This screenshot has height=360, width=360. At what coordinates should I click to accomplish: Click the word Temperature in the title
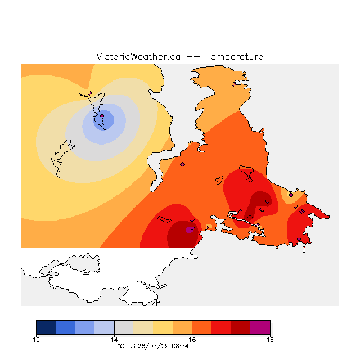click(x=234, y=57)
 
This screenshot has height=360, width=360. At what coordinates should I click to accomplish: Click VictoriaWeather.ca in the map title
click(x=138, y=57)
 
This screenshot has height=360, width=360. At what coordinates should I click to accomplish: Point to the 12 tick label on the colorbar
click(x=36, y=340)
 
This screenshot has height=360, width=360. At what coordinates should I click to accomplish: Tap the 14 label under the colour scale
click(x=114, y=340)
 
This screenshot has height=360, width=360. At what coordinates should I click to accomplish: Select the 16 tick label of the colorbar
click(x=192, y=340)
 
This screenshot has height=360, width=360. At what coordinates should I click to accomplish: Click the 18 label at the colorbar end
click(x=270, y=340)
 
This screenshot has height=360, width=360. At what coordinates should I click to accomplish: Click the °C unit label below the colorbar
click(x=121, y=346)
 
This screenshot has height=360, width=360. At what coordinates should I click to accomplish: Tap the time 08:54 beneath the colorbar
click(x=180, y=346)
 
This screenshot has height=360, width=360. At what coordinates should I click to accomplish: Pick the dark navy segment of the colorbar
click(x=46, y=327)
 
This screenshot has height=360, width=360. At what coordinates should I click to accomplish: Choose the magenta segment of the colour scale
click(x=260, y=327)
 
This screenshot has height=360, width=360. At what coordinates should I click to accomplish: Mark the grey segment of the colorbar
click(x=124, y=327)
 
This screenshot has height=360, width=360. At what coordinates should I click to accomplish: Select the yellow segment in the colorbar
click(x=163, y=327)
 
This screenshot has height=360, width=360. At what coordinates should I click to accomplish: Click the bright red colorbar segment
click(x=221, y=327)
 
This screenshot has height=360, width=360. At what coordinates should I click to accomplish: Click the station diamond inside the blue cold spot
click(x=102, y=116)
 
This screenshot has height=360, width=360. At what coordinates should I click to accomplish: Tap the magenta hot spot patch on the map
click(x=190, y=229)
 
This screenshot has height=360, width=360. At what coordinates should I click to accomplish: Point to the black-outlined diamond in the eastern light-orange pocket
click(x=291, y=195)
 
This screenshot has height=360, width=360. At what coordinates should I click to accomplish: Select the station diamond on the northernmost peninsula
click(x=234, y=85)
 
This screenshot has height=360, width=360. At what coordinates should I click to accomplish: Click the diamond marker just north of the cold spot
click(x=90, y=93)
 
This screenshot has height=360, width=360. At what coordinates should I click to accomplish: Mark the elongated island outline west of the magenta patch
click(x=164, y=219)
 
